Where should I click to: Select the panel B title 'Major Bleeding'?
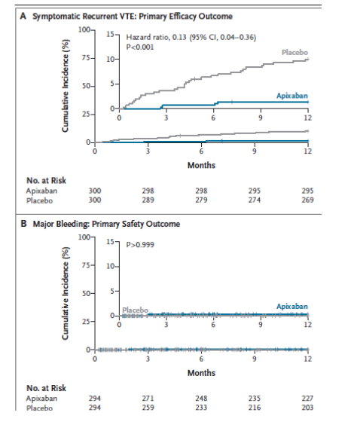pos(61,224)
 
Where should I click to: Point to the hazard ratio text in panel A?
pos(191,38)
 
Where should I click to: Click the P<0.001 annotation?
pos(140,47)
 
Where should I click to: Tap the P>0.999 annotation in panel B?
pos(140,245)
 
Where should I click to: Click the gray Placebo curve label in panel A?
pos(294,53)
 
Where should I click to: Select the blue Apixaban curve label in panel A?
pos(292,96)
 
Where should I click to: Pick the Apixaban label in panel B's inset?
pos(292,307)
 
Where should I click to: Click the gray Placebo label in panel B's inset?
pos(135,310)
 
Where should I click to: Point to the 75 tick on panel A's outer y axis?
pos(86,58)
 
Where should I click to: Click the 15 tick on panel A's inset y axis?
pos(111,34)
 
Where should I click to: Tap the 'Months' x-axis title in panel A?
pos(201,165)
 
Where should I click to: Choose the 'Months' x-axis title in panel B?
pos(201,373)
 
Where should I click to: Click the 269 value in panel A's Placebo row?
pos(307,200)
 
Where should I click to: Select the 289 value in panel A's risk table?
pos(148,200)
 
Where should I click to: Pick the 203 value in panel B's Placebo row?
pos(307,408)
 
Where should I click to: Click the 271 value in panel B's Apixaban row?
pos(148,399)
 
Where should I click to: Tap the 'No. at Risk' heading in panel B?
pos(46,388)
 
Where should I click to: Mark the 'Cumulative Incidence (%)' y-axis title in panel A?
pos(66,86)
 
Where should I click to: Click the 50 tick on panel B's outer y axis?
pos(86,294)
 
